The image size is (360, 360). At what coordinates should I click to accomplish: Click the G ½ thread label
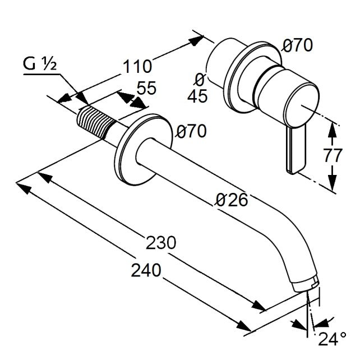40,64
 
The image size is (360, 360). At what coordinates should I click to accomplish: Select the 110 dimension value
137,67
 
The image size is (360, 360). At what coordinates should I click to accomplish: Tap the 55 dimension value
146,87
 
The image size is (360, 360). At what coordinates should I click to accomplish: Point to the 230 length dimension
161,243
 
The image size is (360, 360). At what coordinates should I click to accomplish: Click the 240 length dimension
146,270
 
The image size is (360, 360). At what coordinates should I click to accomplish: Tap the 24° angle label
332,339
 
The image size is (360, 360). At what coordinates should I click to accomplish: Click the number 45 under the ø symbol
197,96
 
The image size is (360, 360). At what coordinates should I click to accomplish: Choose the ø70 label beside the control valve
297,45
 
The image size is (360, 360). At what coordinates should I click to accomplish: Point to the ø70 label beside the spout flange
191,132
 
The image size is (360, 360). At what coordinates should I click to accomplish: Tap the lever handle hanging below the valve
296,150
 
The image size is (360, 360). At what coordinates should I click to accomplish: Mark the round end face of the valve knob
301,106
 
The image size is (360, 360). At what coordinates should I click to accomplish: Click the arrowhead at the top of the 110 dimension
196,40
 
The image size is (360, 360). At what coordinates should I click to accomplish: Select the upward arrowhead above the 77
332,130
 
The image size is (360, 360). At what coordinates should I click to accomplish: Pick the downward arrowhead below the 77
332,183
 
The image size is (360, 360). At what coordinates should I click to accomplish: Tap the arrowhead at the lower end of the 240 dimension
244,326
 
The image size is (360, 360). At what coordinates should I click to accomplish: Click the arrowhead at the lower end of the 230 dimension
259,306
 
